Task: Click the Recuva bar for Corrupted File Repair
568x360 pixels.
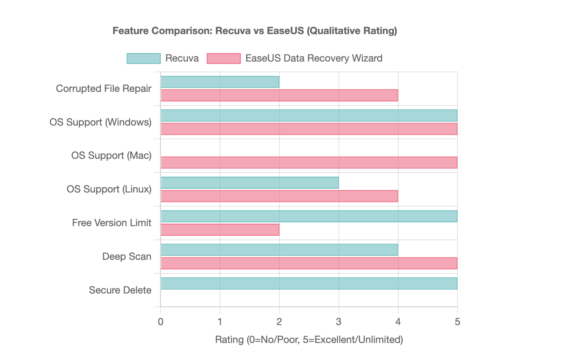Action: click(x=220, y=82)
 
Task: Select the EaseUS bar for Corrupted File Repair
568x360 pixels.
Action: click(x=279, y=96)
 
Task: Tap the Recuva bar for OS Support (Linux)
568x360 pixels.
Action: click(x=249, y=183)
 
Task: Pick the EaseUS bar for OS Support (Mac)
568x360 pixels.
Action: click(x=309, y=163)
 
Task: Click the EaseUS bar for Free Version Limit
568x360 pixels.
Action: click(x=220, y=230)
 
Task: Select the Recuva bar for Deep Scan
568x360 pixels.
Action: click(x=279, y=250)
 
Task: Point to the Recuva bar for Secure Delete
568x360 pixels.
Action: click(x=309, y=284)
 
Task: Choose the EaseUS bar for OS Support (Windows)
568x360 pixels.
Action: click(x=309, y=129)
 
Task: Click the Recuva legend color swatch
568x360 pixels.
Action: click(x=143, y=59)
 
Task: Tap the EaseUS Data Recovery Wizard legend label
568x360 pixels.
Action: click(x=314, y=58)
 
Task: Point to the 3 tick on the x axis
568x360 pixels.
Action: click(x=338, y=321)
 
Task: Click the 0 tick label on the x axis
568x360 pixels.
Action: click(x=161, y=321)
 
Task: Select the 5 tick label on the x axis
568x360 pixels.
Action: click(x=457, y=321)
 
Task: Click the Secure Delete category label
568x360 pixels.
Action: click(x=120, y=290)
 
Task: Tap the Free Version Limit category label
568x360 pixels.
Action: click(x=111, y=223)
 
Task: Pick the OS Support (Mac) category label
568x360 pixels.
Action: click(x=111, y=155)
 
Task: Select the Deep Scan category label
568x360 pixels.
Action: click(x=127, y=256)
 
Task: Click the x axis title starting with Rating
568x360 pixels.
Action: click(x=309, y=340)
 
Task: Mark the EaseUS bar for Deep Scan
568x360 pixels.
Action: click(x=309, y=264)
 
